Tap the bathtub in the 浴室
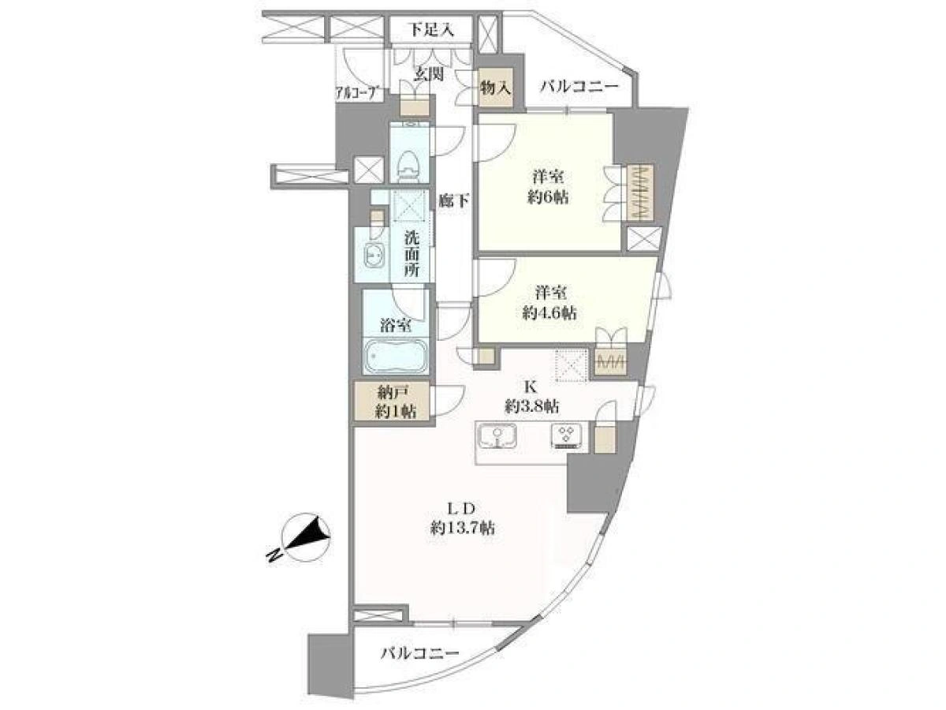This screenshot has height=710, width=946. coord(396,357)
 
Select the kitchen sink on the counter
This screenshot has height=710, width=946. coord(497,437)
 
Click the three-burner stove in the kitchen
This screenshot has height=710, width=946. coord(565,437)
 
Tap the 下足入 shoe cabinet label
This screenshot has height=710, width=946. coord(430,29)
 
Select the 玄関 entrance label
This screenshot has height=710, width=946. coord(429,74)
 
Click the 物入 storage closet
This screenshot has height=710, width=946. coord(496,88)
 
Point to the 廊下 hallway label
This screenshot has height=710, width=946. coord(454,200)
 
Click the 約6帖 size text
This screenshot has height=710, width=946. coord(548,198)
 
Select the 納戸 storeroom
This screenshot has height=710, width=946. coord(392,401)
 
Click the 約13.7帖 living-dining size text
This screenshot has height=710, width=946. coord(462,528)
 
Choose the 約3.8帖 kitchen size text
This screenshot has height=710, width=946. coord(532,406)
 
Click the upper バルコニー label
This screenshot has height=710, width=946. coord(579,87)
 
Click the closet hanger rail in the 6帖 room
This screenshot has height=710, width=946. coord(640,192)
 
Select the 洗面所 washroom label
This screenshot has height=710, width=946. coord(412,255)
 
